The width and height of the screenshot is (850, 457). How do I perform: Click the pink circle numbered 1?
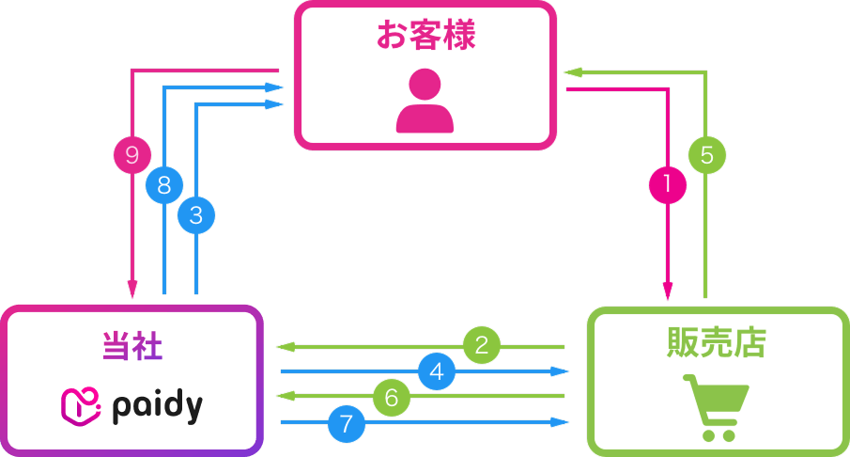point(668,184)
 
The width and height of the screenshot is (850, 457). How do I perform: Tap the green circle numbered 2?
point(482,345)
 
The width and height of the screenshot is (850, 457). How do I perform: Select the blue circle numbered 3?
point(195,214)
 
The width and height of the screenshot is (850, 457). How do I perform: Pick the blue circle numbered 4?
point(435,372)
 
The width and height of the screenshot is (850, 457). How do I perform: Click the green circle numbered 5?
point(706,153)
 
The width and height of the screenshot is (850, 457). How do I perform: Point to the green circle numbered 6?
point(392,398)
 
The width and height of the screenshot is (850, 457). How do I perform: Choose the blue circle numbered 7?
point(347,424)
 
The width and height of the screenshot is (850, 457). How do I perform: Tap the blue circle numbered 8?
point(164,185)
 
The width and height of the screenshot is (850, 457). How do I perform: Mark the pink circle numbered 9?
point(132,153)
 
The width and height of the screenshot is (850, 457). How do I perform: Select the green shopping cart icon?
point(715,406)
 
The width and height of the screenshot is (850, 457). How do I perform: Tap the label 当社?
point(131,345)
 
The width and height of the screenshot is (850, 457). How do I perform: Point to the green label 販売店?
point(719,343)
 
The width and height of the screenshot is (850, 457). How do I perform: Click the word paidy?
point(157,405)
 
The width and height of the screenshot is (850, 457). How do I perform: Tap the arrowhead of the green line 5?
point(573,71)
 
